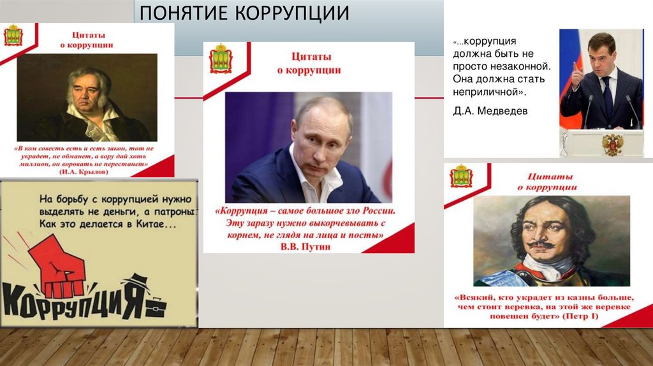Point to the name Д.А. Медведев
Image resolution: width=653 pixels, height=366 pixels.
pyautogui.click(x=486, y=111)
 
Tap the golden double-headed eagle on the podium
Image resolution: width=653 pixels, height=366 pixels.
pyautogui.click(x=612, y=143)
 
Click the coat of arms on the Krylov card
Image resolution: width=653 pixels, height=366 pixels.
pyautogui.click(x=13, y=36)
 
